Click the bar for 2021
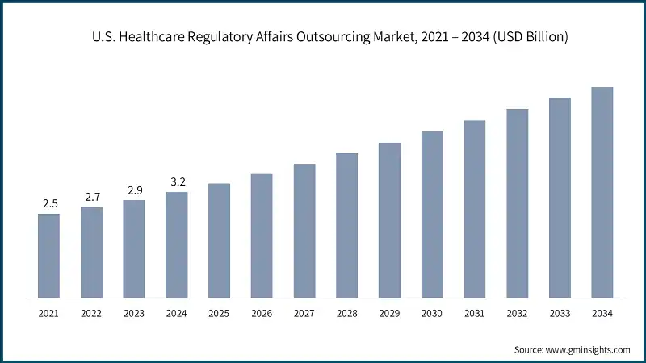(48, 255)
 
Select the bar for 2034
(602, 192)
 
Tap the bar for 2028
(346, 225)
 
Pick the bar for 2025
(219, 240)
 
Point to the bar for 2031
(474, 209)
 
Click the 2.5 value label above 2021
(48, 202)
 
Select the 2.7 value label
(91, 196)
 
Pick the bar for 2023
(134, 248)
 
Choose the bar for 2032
(517, 203)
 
